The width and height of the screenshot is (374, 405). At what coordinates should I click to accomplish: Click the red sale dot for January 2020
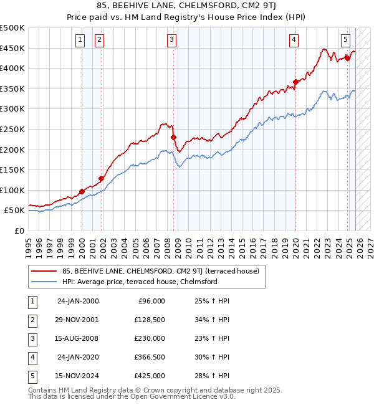point(295,82)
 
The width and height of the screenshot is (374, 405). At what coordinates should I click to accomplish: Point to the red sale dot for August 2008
point(174,137)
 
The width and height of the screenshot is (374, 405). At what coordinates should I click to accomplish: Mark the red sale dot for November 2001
point(101,178)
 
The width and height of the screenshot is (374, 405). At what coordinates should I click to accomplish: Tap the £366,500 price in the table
point(150,357)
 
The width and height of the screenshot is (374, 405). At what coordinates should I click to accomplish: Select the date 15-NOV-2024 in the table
point(77,376)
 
